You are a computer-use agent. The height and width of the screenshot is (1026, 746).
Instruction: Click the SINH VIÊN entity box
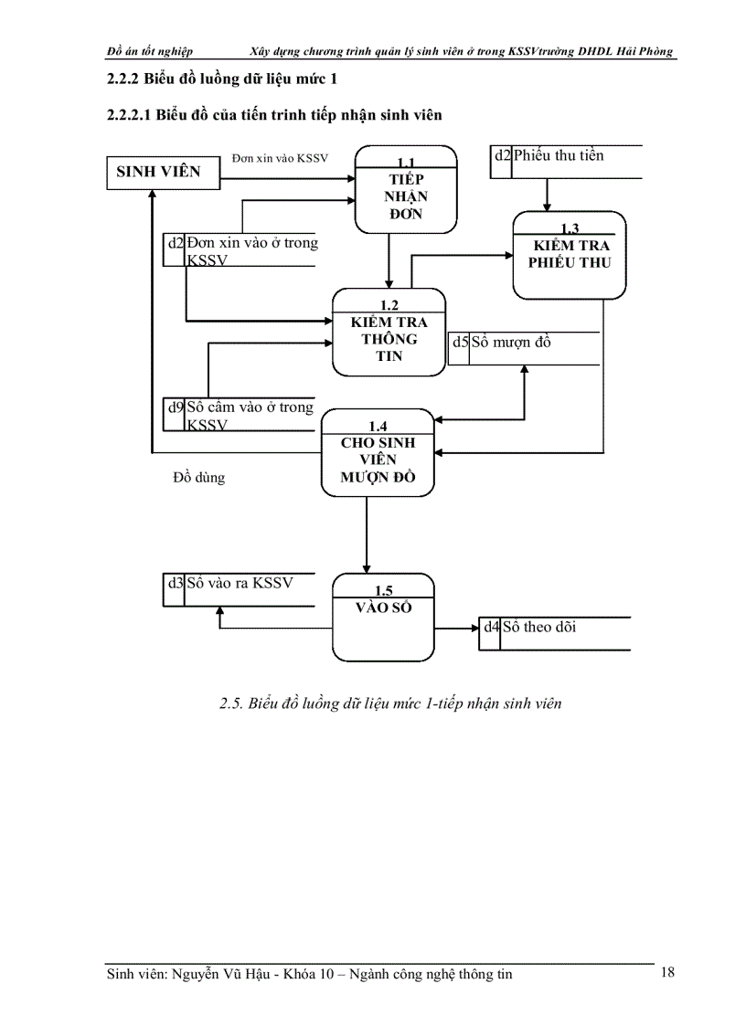tap(164, 172)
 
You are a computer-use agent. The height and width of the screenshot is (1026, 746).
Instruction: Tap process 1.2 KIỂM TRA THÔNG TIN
tap(389, 333)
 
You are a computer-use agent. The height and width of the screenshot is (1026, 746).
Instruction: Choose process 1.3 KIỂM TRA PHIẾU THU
tap(569, 254)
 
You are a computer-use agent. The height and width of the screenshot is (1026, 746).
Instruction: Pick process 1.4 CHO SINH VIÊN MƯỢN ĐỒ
tap(378, 452)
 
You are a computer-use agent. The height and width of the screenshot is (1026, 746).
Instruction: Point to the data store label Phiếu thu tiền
tap(559, 155)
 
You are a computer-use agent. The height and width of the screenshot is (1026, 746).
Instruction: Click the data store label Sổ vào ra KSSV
tap(240, 583)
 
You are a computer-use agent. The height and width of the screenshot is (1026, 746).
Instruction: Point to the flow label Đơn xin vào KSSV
tap(280, 158)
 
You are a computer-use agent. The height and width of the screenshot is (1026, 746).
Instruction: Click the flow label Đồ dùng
tap(198, 477)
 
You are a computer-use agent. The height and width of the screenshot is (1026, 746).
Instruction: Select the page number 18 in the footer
tap(667, 972)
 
